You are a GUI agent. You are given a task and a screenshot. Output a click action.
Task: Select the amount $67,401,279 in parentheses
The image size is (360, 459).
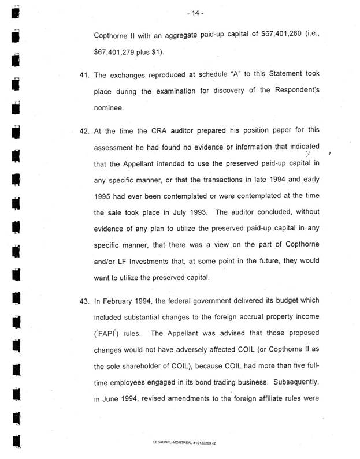pyautogui.click(x=118, y=52)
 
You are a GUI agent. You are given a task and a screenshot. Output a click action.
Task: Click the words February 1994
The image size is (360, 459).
pyautogui.click(x=131, y=301)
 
